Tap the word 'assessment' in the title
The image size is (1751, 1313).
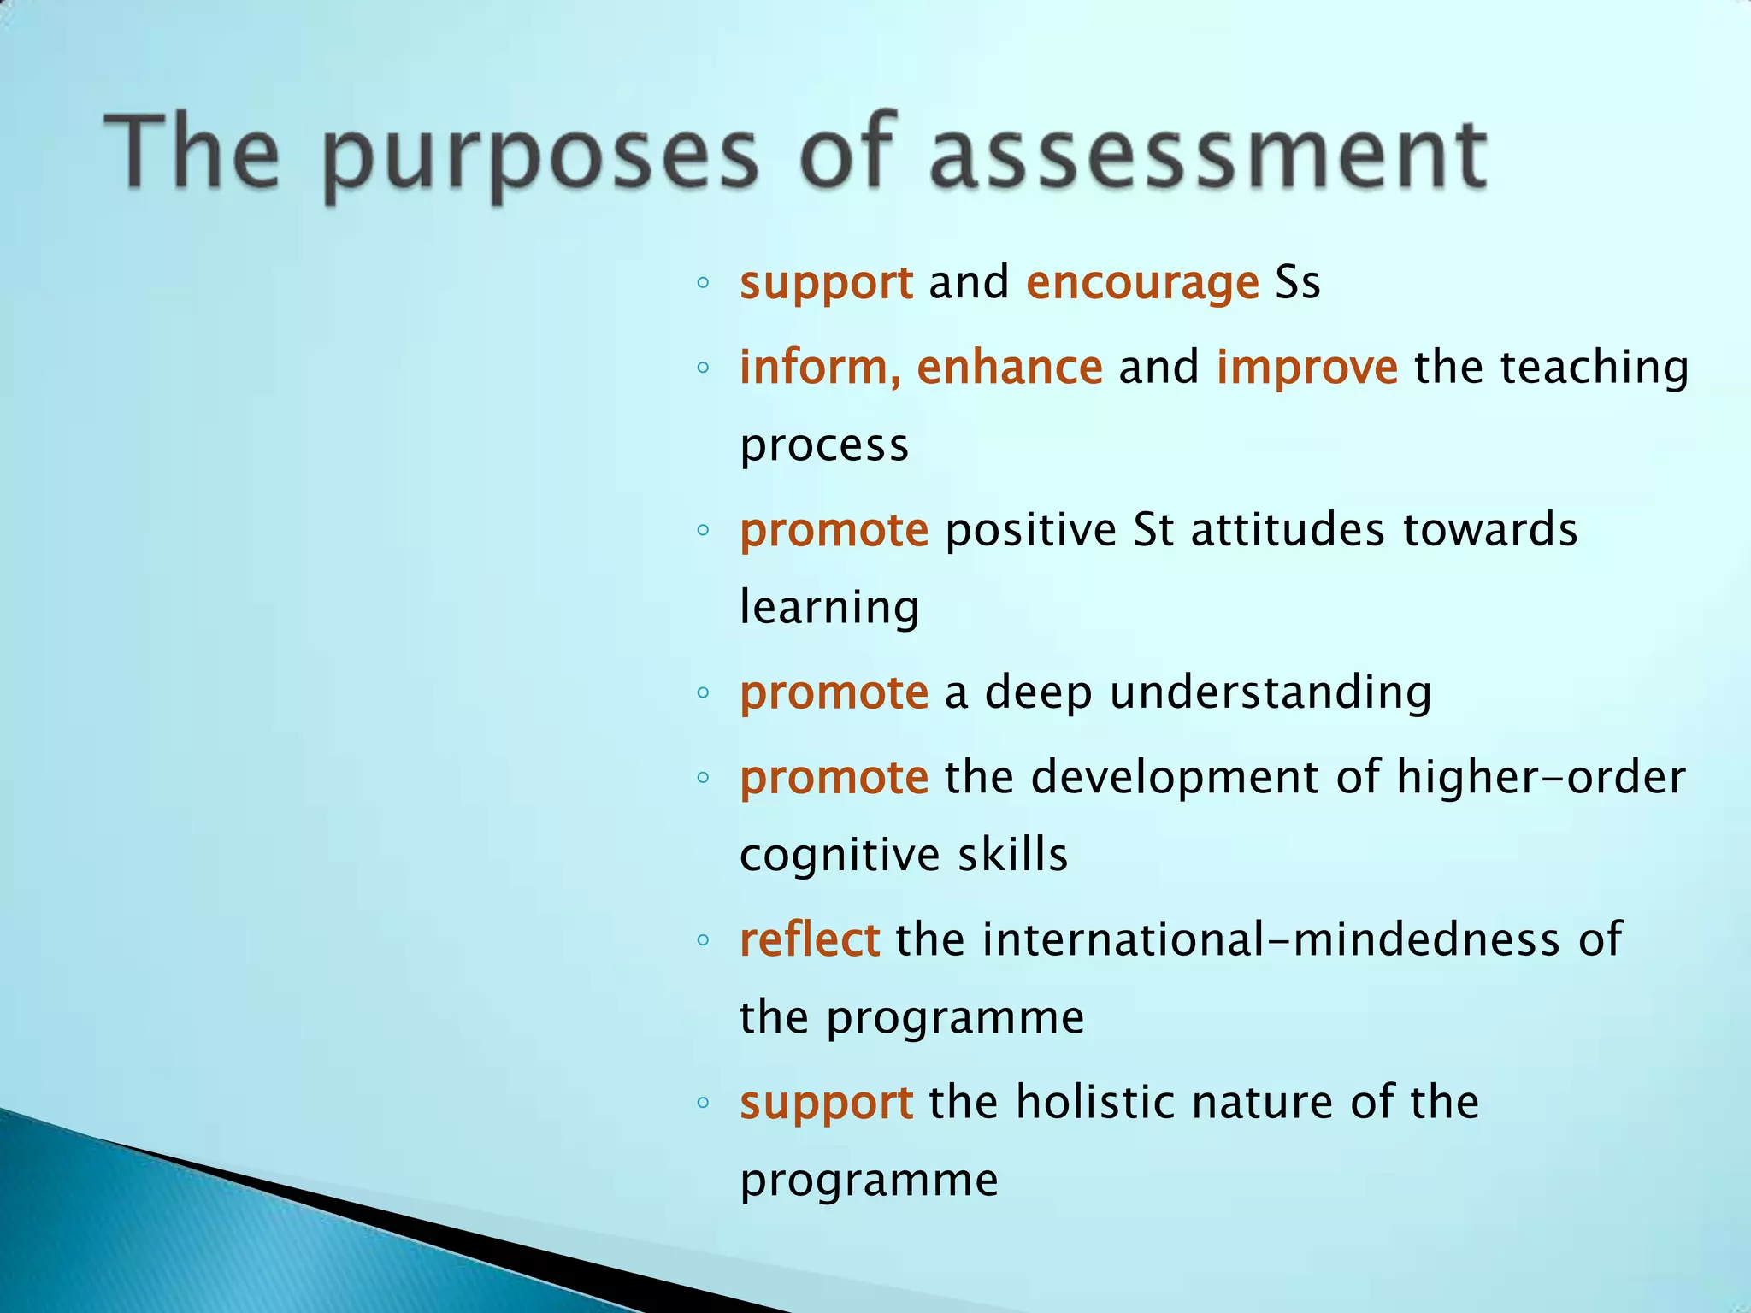[1207, 154]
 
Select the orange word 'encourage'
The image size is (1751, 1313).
[1142, 284]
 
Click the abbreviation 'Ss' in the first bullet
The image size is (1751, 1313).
[1297, 282]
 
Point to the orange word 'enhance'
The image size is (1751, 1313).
[1010, 368]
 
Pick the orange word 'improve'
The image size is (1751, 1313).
[1307, 368]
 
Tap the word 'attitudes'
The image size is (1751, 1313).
[1288, 530]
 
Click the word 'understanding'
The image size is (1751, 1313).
[1271, 692]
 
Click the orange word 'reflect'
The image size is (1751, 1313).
[809, 939]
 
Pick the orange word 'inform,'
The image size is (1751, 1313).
[820, 368]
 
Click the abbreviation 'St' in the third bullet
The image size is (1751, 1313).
[1153, 530]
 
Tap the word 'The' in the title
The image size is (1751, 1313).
[192, 152]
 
